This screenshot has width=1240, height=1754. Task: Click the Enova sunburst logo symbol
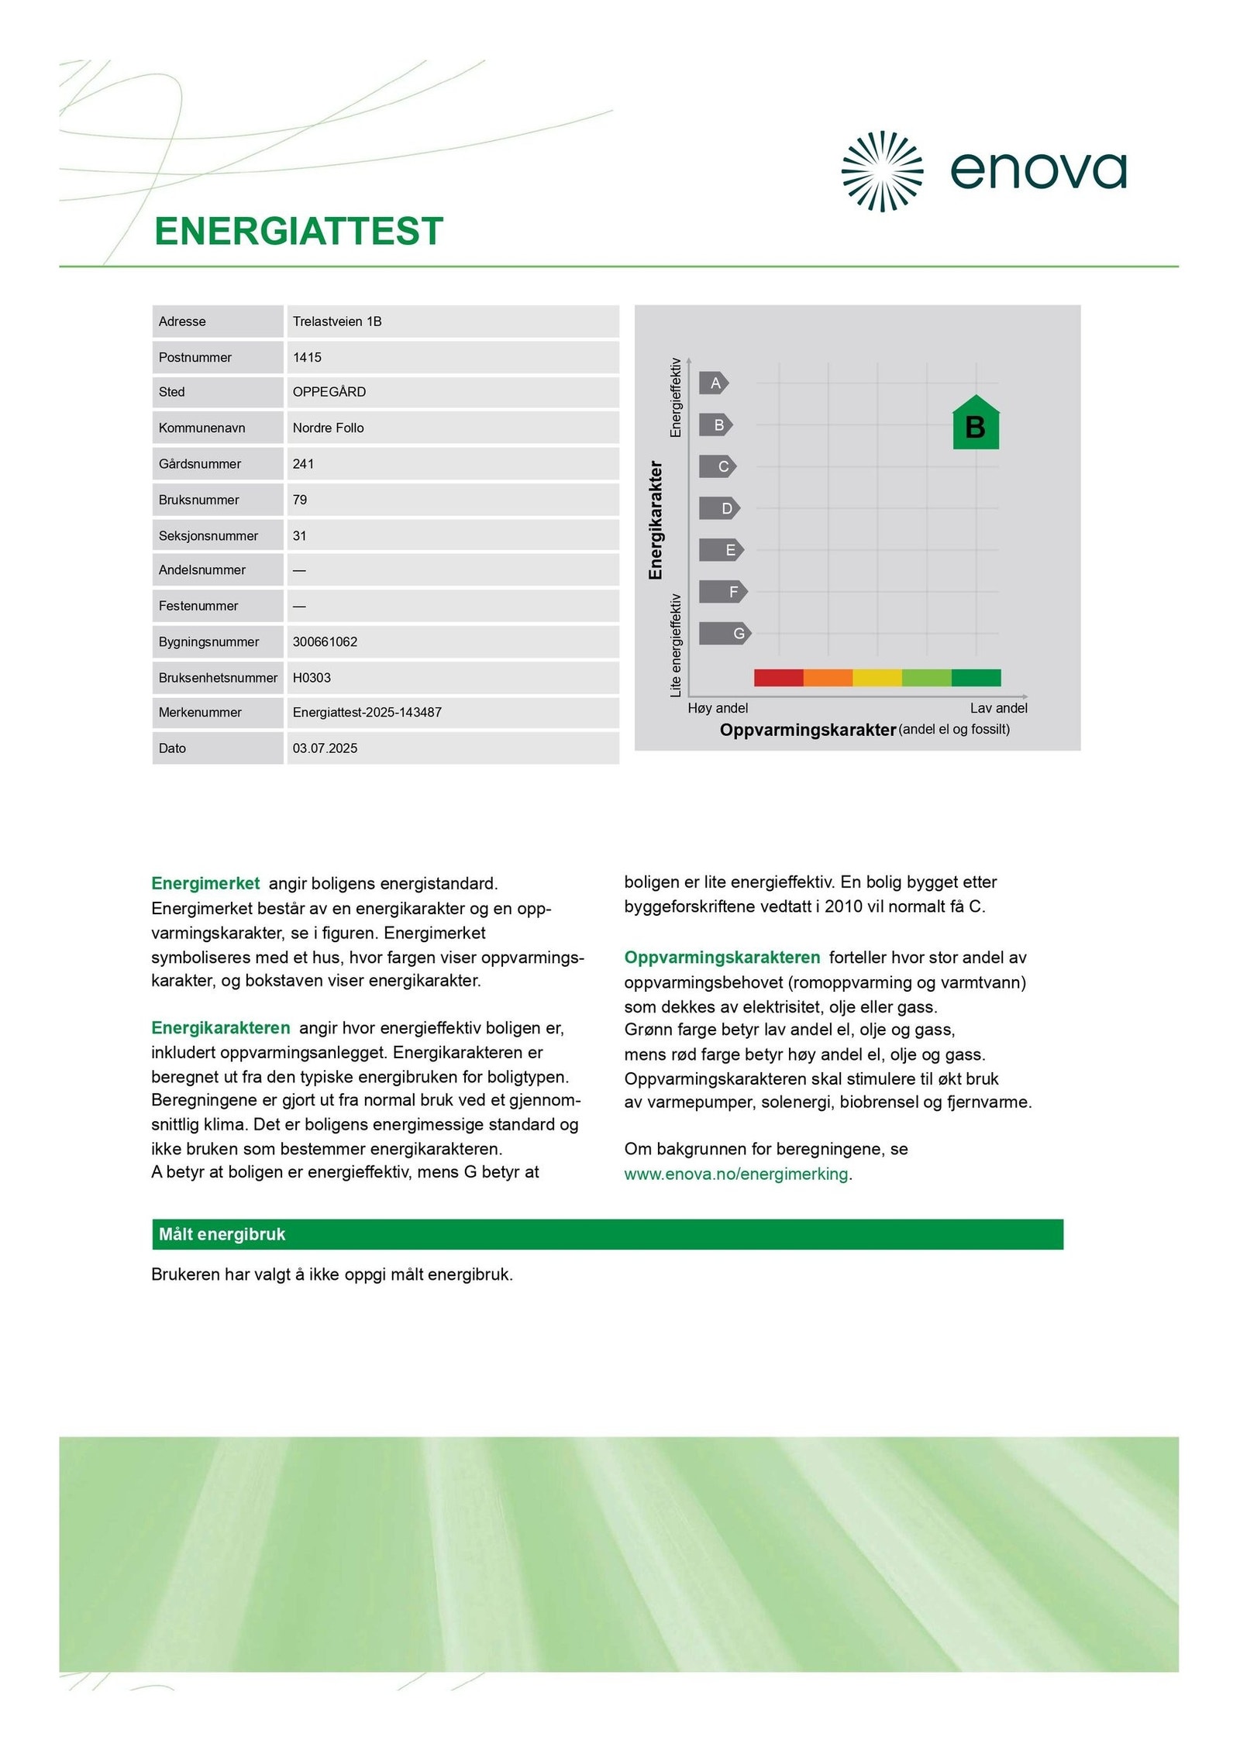click(x=881, y=171)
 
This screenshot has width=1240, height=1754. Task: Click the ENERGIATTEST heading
click(x=298, y=232)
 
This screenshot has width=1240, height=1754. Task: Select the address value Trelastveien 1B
click(x=337, y=322)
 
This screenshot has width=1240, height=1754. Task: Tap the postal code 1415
click(x=307, y=357)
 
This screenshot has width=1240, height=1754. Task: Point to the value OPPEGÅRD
click(x=329, y=392)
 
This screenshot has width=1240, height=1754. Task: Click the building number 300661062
click(x=325, y=641)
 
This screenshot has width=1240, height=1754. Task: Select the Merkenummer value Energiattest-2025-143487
click(x=367, y=712)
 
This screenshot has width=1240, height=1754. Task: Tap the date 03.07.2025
click(x=325, y=748)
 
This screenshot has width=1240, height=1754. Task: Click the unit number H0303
click(x=312, y=677)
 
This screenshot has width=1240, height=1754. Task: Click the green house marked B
click(x=976, y=424)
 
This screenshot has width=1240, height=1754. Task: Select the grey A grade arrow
click(x=714, y=383)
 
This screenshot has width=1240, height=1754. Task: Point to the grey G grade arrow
click(x=725, y=633)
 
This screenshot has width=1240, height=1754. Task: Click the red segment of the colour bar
click(x=778, y=678)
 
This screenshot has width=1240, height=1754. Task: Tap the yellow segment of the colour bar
click(x=877, y=678)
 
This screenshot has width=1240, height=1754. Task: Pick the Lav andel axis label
click(x=998, y=708)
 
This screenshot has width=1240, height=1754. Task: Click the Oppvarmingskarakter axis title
click(x=808, y=730)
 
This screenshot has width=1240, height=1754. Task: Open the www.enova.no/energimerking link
click(x=735, y=1174)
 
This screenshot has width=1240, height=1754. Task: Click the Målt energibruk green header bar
click(x=607, y=1234)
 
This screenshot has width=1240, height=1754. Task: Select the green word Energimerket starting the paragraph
click(x=205, y=883)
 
